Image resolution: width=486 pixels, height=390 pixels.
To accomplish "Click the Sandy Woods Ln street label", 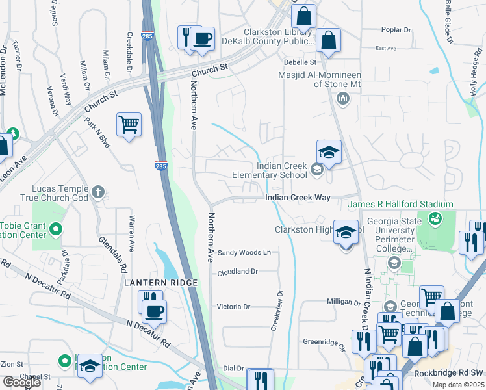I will pos(244,252).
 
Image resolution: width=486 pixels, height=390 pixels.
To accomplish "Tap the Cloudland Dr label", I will pos(238,272).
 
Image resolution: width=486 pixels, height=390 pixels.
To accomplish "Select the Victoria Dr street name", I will pos(233,307).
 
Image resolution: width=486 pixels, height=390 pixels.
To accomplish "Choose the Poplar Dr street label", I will pos(397,30).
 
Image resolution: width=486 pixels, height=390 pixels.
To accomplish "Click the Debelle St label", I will pos(300,62).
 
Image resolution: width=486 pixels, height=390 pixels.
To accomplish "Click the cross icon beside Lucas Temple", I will pos(97,191).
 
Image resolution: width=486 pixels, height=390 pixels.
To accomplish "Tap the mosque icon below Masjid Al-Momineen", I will pos(343,99).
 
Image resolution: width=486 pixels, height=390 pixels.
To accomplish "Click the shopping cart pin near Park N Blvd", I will pos(129,123).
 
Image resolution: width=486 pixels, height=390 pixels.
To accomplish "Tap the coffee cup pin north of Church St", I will pos(203,38).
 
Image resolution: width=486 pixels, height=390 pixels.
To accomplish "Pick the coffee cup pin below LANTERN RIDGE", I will pos(154,311).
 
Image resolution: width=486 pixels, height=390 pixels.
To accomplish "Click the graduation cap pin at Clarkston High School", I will pos(346,231).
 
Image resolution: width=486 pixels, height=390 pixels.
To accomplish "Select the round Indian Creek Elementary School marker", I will pos(316,170).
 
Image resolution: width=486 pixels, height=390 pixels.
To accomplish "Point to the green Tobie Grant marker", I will pos(56,228).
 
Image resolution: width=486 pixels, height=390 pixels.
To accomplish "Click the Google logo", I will pos(19,382).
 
